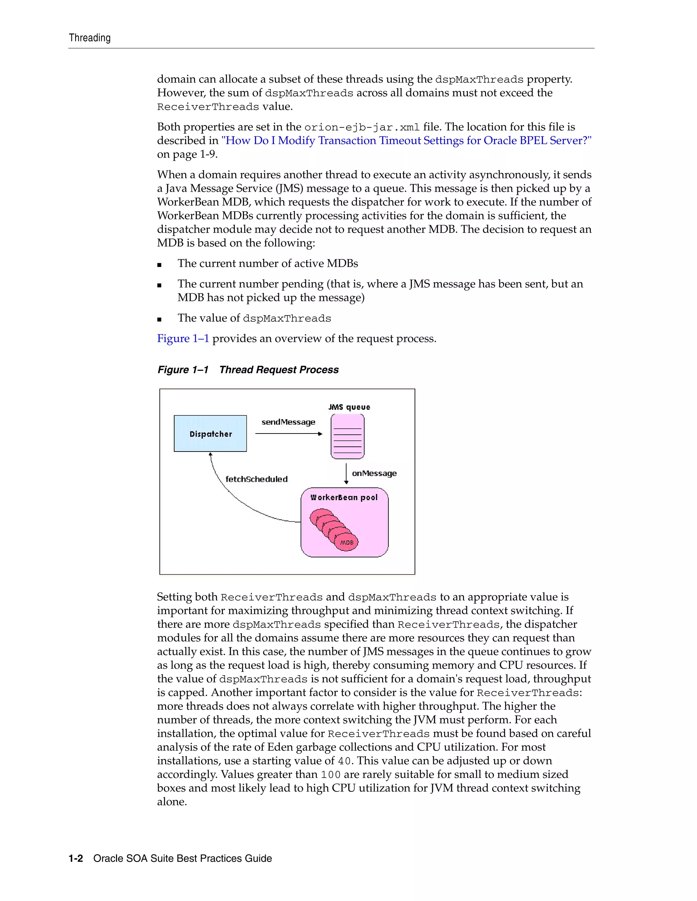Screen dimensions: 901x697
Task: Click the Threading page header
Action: tap(90, 38)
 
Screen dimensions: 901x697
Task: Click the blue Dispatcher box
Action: tap(210, 434)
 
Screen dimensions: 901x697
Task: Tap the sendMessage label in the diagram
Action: tap(288, 422)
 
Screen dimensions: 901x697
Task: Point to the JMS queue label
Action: tap(349, 407)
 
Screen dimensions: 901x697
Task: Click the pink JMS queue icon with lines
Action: tap(347, 437)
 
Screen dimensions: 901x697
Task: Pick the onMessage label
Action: tap(374, 473)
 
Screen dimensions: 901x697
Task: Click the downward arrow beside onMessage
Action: tap(346, 474)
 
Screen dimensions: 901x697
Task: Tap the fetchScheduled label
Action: tap(256, 479)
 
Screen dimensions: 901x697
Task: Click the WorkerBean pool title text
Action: tap(344, 497)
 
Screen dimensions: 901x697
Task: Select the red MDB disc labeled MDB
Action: tap(346, 542)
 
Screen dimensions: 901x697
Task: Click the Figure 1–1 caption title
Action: tap(248, 370)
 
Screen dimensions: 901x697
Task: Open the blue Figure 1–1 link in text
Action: tap(183, 339)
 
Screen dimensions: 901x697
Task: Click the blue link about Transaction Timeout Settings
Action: tap(406, 141)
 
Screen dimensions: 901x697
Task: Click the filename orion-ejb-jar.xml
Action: tap(362, 128)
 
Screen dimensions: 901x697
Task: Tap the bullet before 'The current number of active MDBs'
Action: tap(159, 265)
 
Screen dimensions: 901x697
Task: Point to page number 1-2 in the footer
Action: tap(76, 859)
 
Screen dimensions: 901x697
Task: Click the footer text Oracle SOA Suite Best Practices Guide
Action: tap(182, 859)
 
